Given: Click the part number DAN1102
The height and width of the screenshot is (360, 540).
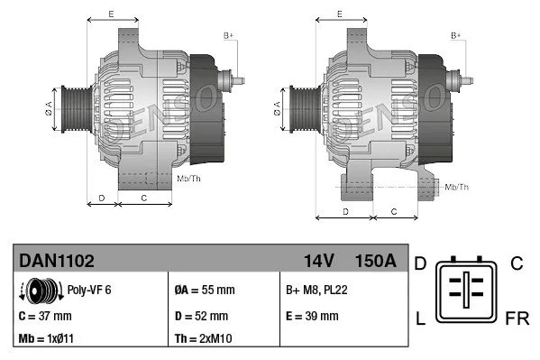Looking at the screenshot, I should [57, 261].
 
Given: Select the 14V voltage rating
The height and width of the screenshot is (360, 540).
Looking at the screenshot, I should [319, 261].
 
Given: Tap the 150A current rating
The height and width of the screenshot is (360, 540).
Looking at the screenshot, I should [376, 261].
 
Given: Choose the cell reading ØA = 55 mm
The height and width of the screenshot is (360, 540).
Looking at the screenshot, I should [206, 291].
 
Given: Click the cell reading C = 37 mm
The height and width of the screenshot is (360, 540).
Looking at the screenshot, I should [45, 316].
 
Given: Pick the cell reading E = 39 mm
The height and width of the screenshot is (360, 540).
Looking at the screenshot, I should [312, 316].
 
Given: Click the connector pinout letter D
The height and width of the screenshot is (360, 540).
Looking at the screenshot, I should [419, 263].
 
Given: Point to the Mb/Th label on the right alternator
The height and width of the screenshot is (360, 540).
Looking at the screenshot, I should [457, 187].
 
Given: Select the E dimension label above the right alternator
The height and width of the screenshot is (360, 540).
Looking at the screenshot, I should [338, 14].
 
